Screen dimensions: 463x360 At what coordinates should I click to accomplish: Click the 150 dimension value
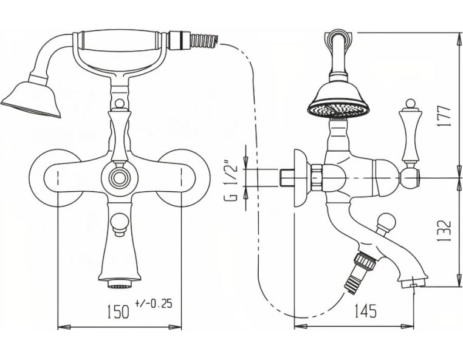pyautogui.click(x=118, y=311)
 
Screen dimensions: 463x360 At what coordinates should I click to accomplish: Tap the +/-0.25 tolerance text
pyautogui.click(x=154, y=304)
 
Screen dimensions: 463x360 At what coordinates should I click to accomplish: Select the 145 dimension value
pyautogui.click(x=365, y=311)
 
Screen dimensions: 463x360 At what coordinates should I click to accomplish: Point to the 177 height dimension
pyautogui.click(x=444, y=116)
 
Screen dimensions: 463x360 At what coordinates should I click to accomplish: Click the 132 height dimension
pyautogui.click(x=444, y=231)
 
